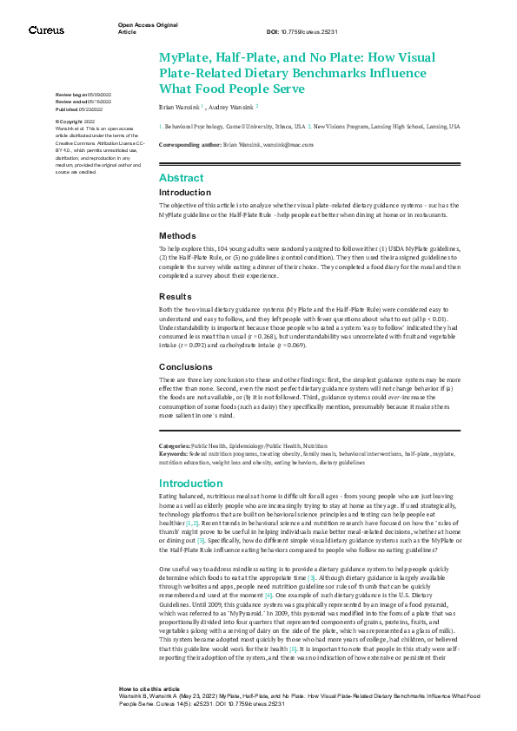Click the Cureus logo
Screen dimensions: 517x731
click(46, 30)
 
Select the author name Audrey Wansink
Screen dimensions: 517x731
click(230, 105)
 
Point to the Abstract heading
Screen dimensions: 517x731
click(181, 177)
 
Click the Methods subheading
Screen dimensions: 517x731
click(176, 235)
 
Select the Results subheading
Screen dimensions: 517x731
click(175, 296)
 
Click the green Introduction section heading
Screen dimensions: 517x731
click(191, 484)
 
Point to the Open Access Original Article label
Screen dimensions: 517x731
click(149, 28)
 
